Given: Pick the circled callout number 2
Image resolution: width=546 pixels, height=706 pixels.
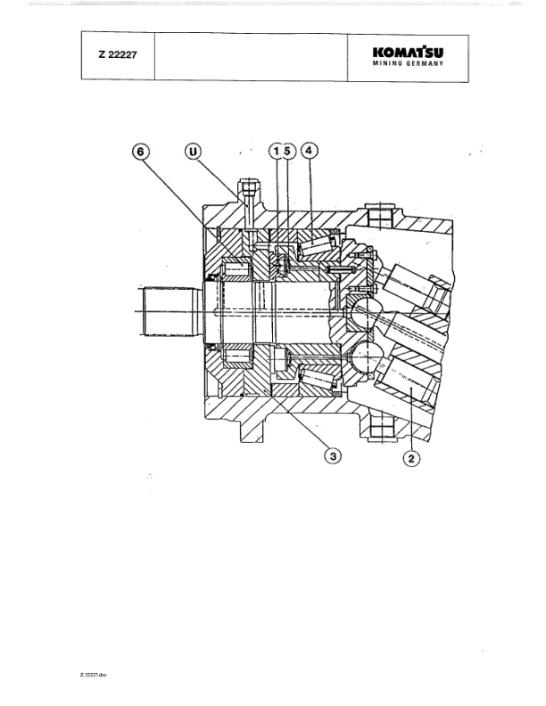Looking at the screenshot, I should point(411,458).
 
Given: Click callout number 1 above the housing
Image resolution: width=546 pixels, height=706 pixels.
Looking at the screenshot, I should point(276,152).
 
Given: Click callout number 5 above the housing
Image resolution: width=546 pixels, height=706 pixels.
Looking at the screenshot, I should point(287,152).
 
